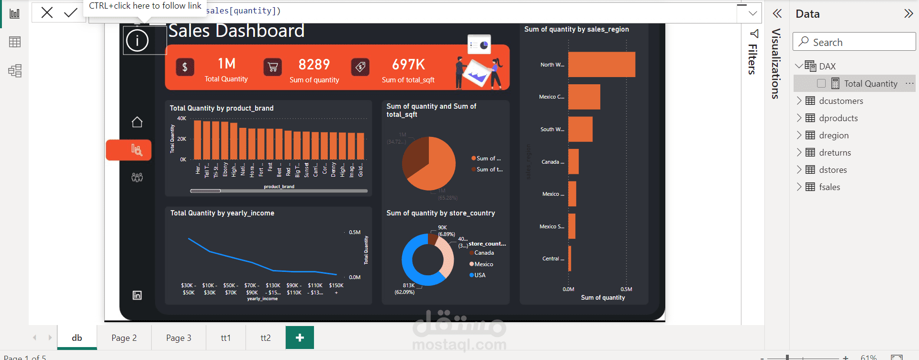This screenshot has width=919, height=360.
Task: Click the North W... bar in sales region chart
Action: click(x=601, y=65)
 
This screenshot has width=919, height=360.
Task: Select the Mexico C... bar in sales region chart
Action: click(x=584, y=97)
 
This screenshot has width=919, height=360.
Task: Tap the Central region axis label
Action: click(x=553, y=259)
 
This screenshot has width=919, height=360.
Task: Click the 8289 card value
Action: click(x=314, y=65)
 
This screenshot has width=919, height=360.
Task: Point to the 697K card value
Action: click(x=408, y=65)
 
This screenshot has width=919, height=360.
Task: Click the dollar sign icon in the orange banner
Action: click(x=185, y=67)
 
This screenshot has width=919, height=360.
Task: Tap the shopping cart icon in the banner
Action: click(x=273, y=67)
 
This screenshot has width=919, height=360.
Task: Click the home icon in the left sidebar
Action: click(x=137, y=122)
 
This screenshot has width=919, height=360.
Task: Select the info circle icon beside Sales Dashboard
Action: click(x=137, y=41)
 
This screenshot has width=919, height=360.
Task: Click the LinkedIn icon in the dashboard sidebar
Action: click(x=137, y=295)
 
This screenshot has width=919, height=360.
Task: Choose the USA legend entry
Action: click(x=480, y=275)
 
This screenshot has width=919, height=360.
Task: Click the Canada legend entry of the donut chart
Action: click(x=483, y=253)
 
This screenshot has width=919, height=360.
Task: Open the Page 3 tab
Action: click(x=179, y=338)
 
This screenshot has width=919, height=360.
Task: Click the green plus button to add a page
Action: click(x=300, y=338)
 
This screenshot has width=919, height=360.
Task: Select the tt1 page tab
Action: click(x=225, y=338)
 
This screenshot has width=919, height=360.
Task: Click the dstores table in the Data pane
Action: click(x=833, y=170)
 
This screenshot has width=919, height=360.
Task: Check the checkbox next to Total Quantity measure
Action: click(x=821, y=84)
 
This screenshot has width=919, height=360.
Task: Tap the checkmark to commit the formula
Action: click(x=70, y=12)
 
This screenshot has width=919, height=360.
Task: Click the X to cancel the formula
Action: click(x=47, y=12)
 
